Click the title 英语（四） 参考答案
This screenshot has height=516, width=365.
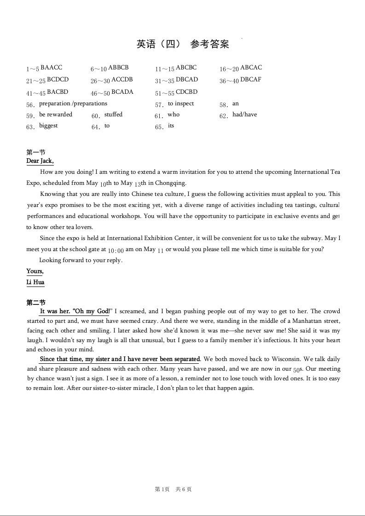point(183,44)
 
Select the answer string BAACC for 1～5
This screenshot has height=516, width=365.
point(51,68)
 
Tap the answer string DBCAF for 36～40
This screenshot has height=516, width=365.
point(250,80)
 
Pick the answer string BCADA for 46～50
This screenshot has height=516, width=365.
point(122,92)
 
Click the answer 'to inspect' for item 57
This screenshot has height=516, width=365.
point(181,103)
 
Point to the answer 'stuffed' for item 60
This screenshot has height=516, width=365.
point(113,115)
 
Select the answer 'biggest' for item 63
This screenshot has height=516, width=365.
point(48,126)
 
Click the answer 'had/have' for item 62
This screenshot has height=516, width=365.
point(244,115)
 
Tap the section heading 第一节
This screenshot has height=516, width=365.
point(36,152)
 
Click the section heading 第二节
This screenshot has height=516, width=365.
point(36,303)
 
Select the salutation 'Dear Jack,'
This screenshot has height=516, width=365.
point(40,161)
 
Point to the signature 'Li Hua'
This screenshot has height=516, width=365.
point(35,282)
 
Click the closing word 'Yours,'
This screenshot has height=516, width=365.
point(35,271)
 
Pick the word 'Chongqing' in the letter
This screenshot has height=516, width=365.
point(170,183)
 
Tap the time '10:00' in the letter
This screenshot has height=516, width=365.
point(116,250)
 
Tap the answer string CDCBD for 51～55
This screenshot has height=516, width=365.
point(186,92)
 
